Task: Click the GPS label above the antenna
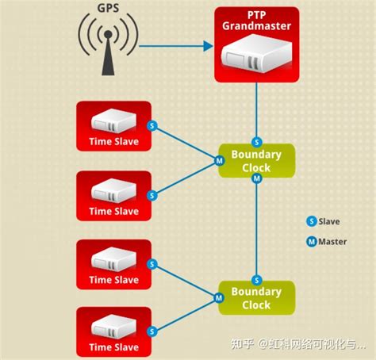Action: [x=108, y=8]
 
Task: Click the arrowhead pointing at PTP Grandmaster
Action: [x=208, y=46]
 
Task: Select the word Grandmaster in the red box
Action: [x=256, y=26]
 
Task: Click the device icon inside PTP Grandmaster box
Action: [x=256, y=54]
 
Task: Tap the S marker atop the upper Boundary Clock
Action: [x=256, y=142]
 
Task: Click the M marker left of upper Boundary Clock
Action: [x=219, y=160]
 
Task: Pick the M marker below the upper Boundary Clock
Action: [x=256, y=178]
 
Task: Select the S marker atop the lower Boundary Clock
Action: [x=256, y=280]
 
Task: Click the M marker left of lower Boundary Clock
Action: [x=219, y=298]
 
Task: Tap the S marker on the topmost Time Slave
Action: [x=152, y=125]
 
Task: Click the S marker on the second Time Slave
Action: [x=152, y=196]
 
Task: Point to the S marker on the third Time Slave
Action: [x=152, y=264]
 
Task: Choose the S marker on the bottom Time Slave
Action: [x=152, y=331]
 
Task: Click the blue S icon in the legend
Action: [x=312, y=221]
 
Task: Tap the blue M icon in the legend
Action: [x=312, y=241]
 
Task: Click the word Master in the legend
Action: [x=332, y=241]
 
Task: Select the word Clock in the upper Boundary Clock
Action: [x=256, y=168]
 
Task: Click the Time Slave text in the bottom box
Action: [x=114, y=347]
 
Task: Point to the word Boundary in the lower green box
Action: [x=256, y=292]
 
